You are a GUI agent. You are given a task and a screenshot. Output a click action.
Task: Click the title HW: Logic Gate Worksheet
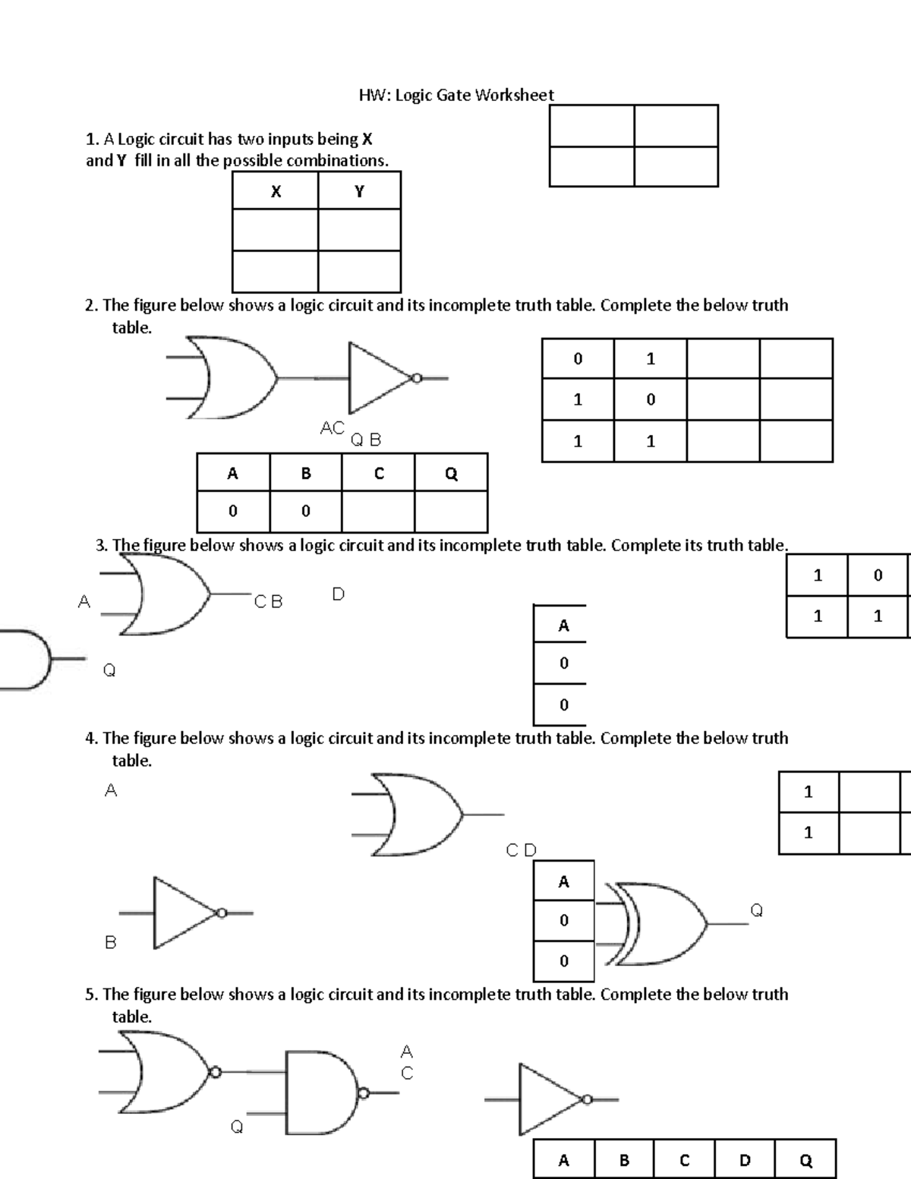tap(456, 95)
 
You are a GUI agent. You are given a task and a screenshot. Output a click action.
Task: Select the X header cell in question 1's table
tap(276, 191)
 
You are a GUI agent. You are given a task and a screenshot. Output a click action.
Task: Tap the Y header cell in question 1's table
tap(359, 191)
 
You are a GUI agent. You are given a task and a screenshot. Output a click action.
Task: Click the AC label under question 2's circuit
tap(333, 428)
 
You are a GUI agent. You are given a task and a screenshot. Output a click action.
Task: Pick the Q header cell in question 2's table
tap(451, 473)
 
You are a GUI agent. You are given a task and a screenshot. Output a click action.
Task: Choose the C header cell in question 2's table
tap(379, 473)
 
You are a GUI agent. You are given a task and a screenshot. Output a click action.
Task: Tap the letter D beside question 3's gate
tap(339, 594)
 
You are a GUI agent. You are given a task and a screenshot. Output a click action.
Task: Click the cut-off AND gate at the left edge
tap(23, 658)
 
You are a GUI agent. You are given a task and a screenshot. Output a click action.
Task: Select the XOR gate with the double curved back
tap(660, 923)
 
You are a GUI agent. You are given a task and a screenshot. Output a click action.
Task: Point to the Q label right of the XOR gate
tap(756, 909)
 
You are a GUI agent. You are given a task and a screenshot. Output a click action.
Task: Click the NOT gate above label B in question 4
tap(186, 913)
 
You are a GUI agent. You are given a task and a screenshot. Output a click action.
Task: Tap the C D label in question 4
tap(521, 850)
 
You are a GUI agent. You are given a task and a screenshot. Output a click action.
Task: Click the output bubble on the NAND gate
tap(364, 1093)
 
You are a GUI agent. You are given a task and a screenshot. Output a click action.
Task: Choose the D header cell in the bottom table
tap(745, 1160)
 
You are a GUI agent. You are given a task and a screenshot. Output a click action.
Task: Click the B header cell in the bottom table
tap(624, 1160)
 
